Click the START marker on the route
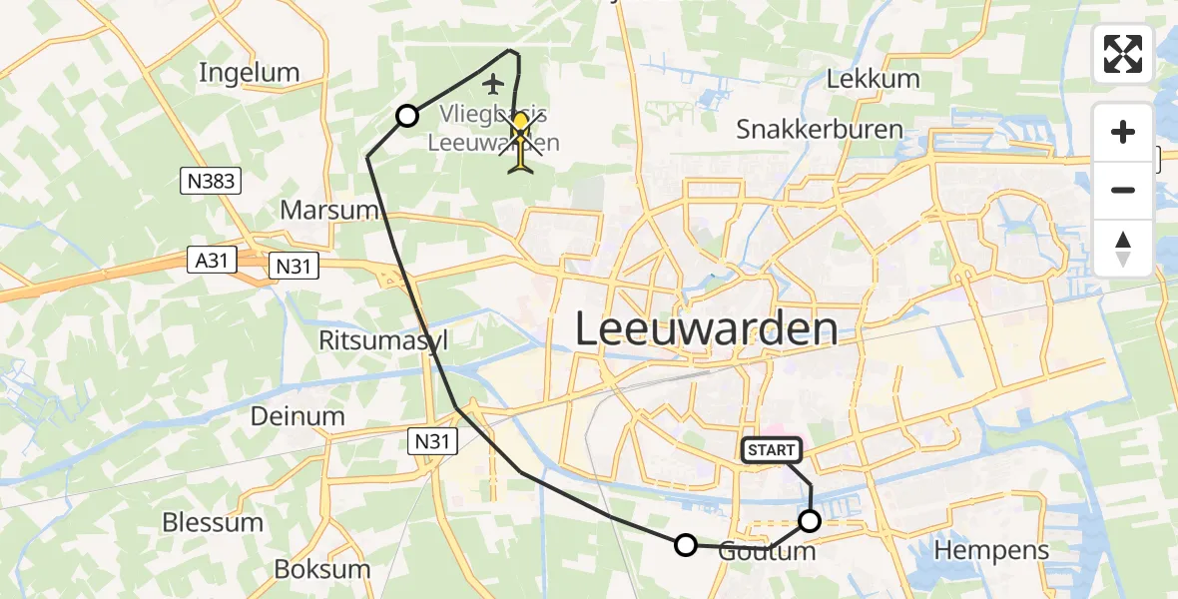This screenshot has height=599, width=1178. coord(771,450)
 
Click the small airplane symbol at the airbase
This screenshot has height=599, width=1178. coord(489,81)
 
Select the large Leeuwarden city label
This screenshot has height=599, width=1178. coord(706,329)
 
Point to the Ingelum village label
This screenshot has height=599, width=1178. coord(249,72)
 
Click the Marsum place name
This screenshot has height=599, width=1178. coord(328,211)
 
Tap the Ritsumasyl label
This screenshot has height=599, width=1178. coord(383,340)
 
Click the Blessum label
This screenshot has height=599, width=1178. coord(213,522)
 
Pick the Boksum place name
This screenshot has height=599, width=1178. coord(321,569)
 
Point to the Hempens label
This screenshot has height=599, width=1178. coord(991,549)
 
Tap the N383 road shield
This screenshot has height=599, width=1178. coord(209,181)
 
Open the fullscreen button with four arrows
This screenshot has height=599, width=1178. coord(1123,54)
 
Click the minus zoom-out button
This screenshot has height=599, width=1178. coord(1123,190)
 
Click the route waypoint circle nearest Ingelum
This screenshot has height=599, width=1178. coord(407,116)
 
